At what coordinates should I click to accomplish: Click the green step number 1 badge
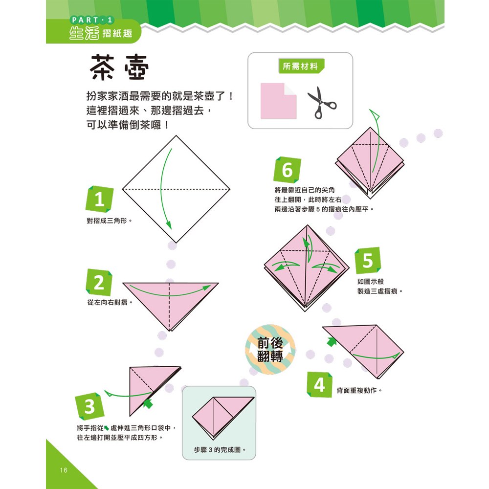pyautogui.click(x=99, y=199)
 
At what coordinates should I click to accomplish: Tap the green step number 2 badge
pyautogui.click(x=99, y=282)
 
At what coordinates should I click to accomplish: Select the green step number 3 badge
pyautogui.click(x=89, y=406)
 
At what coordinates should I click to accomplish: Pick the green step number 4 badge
pyautogui.click(x=319, y=385)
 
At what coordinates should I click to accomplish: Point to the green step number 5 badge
pyautogui.click(x=368, y=261)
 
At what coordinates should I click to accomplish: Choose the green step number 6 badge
pyautogui.click(x=287, y=170)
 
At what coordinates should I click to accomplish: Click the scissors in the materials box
pyautogui.click(x=322, y=103)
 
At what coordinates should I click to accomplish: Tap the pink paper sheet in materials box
pyautogui.click(x=278, y=101)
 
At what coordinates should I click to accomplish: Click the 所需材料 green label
pyautogui.click(x=301, y=66)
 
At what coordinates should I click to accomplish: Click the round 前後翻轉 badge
pyautogui.click(x=270, y=349)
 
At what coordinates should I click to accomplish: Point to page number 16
pyautogui.click(x=64, y=470)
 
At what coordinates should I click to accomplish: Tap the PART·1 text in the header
pyautogui.click(x=92, y=20)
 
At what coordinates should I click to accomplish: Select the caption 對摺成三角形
pyautogui.click(x=110, y=221)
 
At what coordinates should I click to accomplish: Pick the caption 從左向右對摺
pyautogui.click(x=110, y=302)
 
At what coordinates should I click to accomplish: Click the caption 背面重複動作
pyautogui.click(x=359, y=390)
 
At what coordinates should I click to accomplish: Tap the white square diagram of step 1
pyautogui.click(x=176, y=189)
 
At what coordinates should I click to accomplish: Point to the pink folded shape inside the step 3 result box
pyautogui.click(x=223, y=416)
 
